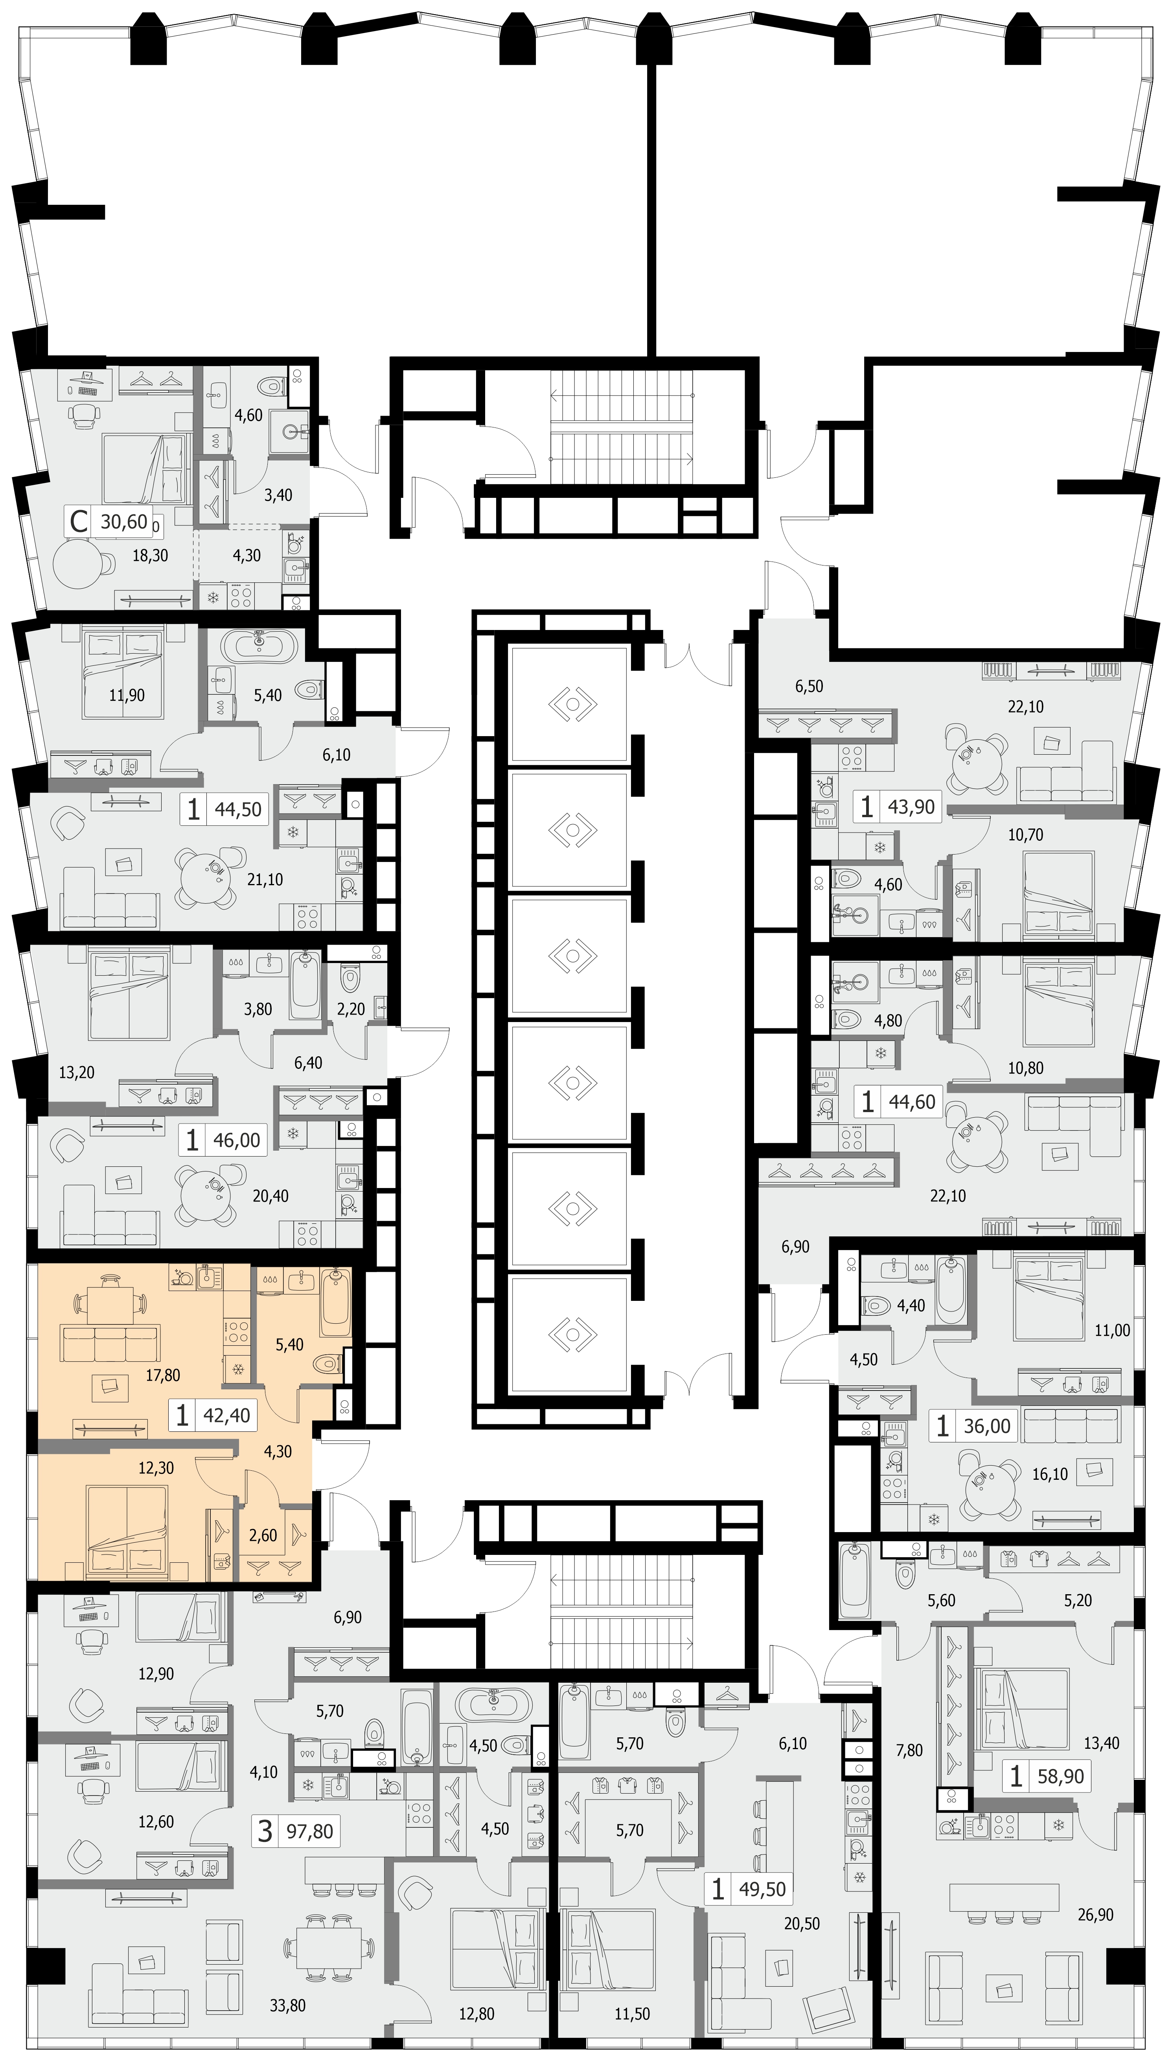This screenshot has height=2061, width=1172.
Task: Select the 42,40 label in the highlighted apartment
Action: coord(227,1415)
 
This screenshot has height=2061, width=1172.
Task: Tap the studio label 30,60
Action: coord(124,522)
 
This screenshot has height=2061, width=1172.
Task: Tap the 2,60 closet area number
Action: coord(263,1535)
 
